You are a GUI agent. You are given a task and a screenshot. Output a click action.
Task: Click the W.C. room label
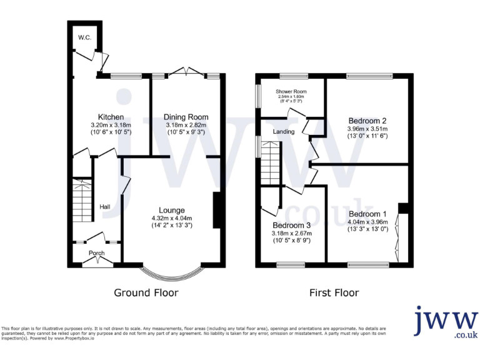point(84,38)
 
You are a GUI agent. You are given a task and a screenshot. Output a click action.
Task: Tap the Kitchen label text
point(110,117)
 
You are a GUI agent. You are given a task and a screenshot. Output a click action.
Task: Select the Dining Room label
point(186,117)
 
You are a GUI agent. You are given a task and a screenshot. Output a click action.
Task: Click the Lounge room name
point(171,210)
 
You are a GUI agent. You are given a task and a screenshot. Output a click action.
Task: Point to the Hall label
point(105,207)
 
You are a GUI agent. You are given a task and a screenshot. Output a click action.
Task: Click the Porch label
point(96,253)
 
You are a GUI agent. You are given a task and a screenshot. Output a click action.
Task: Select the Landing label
point(283,132)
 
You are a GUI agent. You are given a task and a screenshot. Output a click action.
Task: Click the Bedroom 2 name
point(367,121)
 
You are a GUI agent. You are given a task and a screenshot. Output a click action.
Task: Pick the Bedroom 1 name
point(368,214)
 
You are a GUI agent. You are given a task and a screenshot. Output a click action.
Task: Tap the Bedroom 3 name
point(291,226)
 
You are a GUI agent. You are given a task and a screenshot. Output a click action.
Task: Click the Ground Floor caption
point(146,292)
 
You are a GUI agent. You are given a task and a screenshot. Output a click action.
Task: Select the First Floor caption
point(334,292)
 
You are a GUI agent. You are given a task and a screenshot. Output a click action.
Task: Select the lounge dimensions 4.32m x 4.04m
point(171,218)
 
